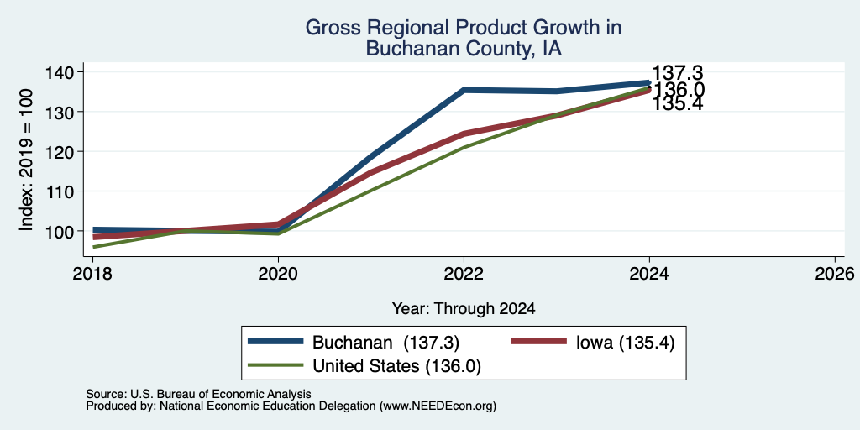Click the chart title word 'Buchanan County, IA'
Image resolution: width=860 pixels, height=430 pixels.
pos(464,48)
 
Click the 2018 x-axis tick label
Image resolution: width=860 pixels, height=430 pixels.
pos(92,273)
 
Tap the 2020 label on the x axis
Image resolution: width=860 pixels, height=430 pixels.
pos(278,273)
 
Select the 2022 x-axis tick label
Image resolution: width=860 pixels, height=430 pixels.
pos(464,273)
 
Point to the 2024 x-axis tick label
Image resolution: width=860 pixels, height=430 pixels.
pos(649,273)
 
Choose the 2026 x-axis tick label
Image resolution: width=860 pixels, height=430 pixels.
pos(836,273)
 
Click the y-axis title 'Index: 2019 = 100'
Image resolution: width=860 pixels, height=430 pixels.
pos(26,160)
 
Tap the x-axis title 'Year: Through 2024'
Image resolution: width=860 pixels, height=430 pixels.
pos(464,309)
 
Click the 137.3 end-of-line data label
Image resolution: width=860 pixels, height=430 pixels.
pos(678,73)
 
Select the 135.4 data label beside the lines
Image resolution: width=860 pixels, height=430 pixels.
pos(678,103)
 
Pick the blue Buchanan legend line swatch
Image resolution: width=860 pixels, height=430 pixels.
pos(275,342)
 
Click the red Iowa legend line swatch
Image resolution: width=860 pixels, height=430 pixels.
pos(538,342)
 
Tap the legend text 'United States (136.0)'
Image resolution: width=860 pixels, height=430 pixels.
pos(396,366)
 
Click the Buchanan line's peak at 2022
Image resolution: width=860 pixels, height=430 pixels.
pos(464,90)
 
